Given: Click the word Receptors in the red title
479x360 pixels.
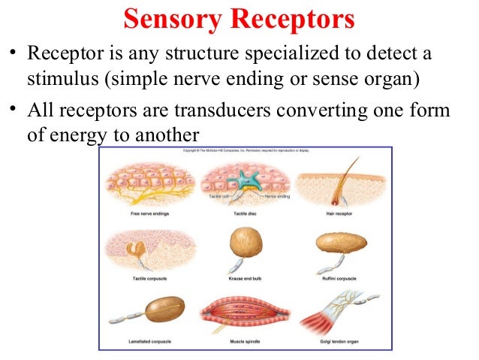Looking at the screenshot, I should pos(296,20).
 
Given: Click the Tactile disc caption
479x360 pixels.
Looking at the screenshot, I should pos(241,213).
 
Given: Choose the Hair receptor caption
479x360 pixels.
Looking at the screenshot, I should pos(333,213).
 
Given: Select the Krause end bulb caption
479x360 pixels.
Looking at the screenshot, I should pos(241,277).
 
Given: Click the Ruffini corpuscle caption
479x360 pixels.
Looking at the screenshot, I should pos(333,277).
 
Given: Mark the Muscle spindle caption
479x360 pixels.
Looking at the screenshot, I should pos(241,341).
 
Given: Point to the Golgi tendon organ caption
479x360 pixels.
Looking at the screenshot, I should pos(333,341).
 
